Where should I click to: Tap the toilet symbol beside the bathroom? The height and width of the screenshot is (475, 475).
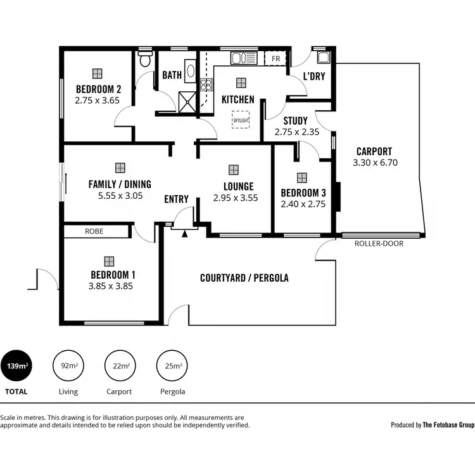(x=146, y=60)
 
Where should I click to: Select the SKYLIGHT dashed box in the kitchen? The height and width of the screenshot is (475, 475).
(x=241, y=120)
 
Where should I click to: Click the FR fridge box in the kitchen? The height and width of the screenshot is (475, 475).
(x=275, y=59)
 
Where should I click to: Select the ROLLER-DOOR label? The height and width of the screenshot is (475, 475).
(x=379, y=243)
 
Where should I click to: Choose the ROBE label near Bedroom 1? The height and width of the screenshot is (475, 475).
(x=94, y=232)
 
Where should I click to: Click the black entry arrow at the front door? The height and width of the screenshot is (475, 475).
(x=184, y=234)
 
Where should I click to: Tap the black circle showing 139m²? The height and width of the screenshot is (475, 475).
(x=16, y=366)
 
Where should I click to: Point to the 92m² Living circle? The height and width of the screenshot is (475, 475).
(x=68, y=366)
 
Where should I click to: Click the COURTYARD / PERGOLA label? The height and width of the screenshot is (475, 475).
(x=244, y=278)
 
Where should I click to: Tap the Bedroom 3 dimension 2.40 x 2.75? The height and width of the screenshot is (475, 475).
(x=303, y=205)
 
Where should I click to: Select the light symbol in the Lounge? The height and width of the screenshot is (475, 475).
(x=234, y=170)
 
